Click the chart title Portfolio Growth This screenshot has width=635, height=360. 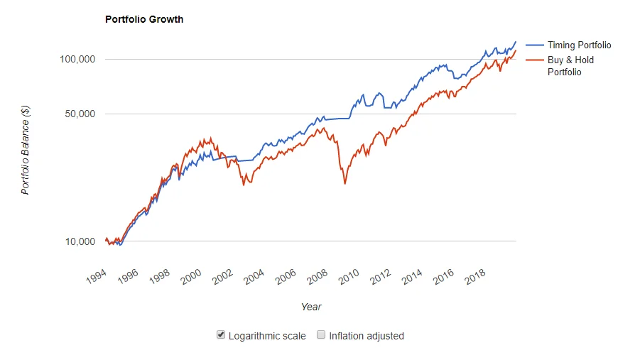[144, 19]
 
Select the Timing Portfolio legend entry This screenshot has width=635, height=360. [568, 45]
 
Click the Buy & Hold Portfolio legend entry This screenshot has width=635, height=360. [560, 65]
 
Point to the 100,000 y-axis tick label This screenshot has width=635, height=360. [77, 59]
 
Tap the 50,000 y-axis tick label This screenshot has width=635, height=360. [80, 114]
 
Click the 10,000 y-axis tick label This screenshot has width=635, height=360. [80, 241]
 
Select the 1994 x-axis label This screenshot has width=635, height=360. [97, 277]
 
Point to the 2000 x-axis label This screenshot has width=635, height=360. [191, 277]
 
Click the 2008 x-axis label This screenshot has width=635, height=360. [317, 277]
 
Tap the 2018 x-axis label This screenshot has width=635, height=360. [474, 277]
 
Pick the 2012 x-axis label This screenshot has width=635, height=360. [380, 277]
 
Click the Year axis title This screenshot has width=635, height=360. [311, 307]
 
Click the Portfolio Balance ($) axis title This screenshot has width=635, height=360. [25, 150]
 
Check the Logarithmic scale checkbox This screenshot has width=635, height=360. [221, 335]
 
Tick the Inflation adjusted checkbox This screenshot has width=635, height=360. [321, 335]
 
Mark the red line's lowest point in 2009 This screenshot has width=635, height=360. [345, 183]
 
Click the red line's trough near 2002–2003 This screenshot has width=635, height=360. [244, 185]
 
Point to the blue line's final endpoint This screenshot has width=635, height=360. [516, 42]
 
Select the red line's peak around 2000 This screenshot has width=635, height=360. [210, 138]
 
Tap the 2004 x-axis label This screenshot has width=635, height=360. [254, 277]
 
